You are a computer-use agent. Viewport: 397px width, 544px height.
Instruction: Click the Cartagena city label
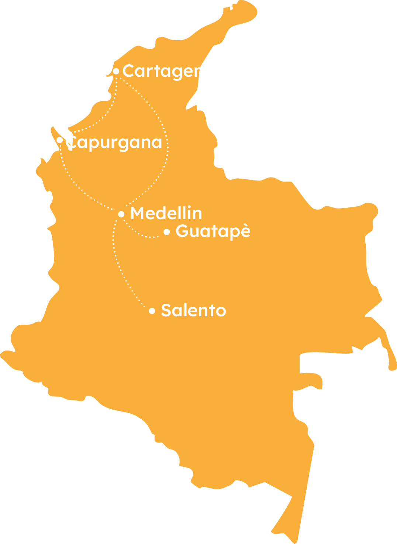pyautogui.click(x=162, y=71)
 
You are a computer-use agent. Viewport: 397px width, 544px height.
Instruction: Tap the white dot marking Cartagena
pyautogui.click(x=116, y=71)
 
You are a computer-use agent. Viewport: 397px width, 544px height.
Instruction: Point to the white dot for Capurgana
pyautogui.click(x=60, y=140)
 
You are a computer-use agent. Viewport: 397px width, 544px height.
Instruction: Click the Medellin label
pyautogui.click(x=166, y=213)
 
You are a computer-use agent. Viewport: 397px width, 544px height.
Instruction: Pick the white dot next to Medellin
pyautogui.click(x=121, y=214)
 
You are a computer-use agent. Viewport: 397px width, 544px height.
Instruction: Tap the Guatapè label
pyautogui.click(x=213, y=231)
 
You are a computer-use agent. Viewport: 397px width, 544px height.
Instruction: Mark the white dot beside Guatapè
pyautogui.click(x=167, y=232)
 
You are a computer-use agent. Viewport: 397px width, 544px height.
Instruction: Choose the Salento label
pyautogui.click(x=193, y=310)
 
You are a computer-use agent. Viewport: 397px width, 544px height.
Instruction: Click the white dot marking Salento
pyautogui.click(x=152, y=311)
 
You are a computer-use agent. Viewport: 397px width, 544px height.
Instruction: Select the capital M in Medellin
pyautogui.click(x=137, y=213)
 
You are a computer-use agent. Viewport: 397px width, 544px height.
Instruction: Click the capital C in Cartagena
pyautogui.click(x=128, y=70)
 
